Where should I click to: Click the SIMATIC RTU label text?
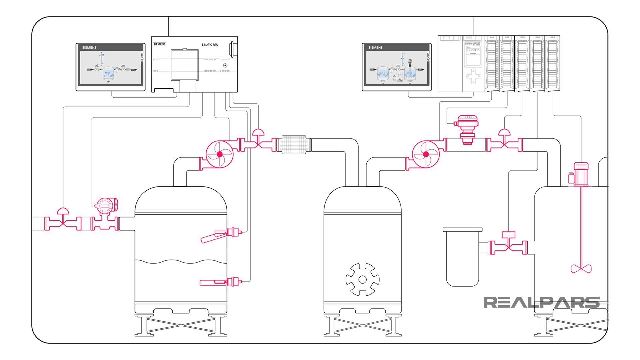[210, 45]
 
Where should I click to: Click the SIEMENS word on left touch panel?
[89, 48]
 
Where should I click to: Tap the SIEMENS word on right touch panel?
[375, 48]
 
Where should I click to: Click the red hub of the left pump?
[220, 154]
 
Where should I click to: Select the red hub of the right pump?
[426, 154]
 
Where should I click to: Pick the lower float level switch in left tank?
[220, 282]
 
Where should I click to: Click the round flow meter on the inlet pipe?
[106, 206]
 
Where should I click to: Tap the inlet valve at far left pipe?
[63, 222]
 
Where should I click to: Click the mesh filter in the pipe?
[294, 145]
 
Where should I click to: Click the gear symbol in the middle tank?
[362, 279]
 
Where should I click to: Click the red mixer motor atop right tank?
[580, 173]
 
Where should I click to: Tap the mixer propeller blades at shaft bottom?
[581, 268]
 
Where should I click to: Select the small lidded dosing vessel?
[462, 257]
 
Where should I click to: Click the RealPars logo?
[541, 302]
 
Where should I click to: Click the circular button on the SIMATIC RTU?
[225, 65]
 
